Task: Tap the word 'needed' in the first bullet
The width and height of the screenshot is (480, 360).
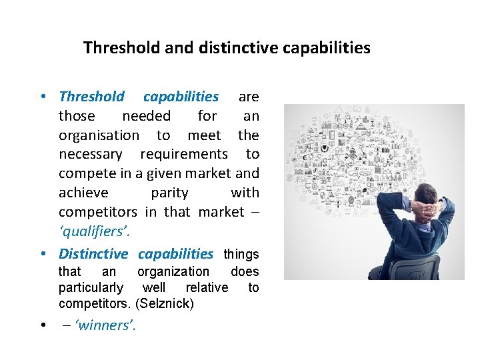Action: pyautogui.click(x=146, y=116)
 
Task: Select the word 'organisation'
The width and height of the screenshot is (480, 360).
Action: pyautogui.click(x=99, y=135)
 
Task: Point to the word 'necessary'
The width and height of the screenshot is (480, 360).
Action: pyautogui.click(x=90, y=155)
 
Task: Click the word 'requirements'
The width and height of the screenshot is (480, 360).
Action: pyautogui.click(x=184, y=155)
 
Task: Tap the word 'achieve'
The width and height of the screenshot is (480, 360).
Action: pyautogui.click(x=83, y=193)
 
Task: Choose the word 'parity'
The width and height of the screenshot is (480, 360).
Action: pyautogui.click(x=169, y=193)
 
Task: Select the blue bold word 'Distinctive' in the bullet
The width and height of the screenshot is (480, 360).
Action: pyautogui.click(x=93, y=254)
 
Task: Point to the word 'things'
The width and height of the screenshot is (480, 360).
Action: pyautogui.click(x=241, y=254)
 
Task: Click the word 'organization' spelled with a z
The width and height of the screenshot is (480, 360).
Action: pyautogui.click(x=173, y=271)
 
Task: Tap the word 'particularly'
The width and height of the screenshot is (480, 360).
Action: pyautogui.click(x=91, y=288)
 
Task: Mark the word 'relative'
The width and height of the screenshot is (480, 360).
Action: pyautogui.click(x=206, y=288)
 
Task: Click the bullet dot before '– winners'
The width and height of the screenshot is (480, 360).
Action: pyautogui.click(x=42, y=325)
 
